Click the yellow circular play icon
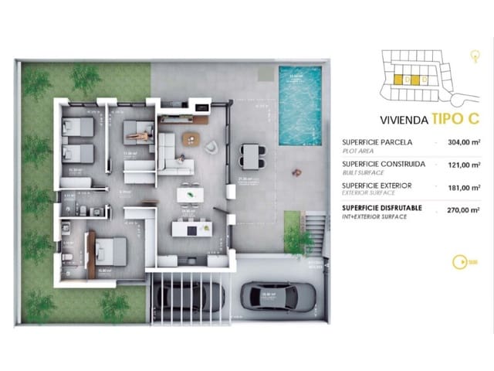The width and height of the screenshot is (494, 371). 462,261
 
